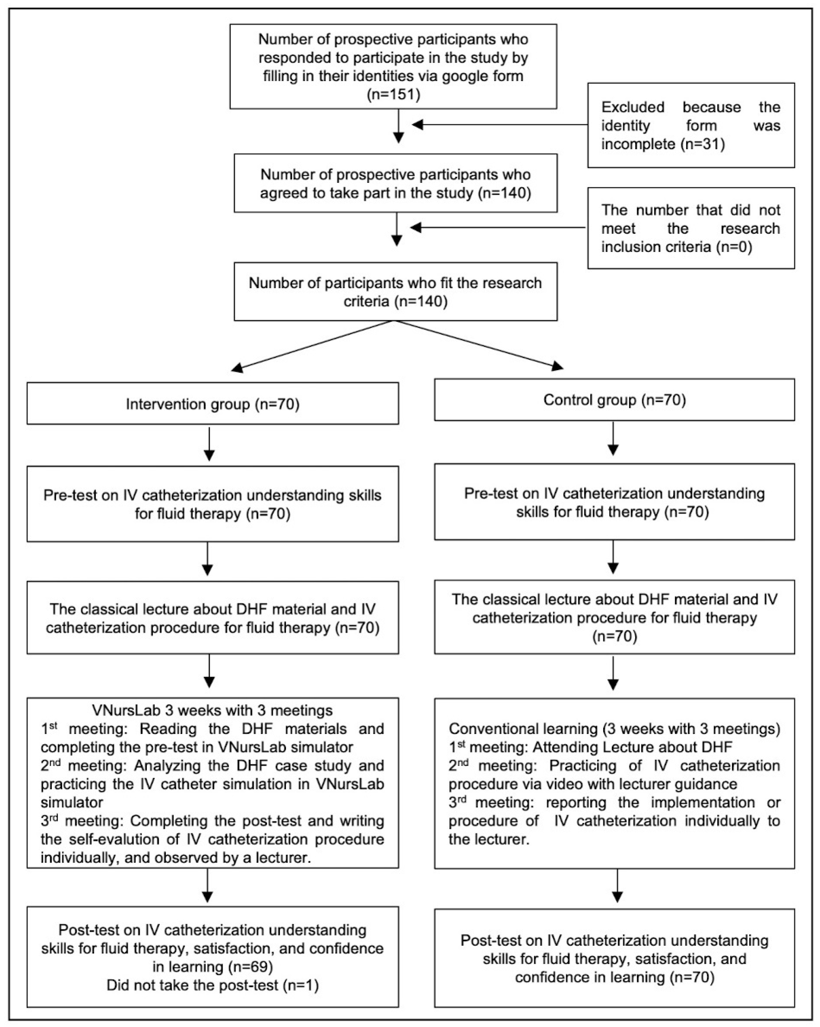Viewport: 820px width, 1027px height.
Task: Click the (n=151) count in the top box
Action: [x=393, y=95]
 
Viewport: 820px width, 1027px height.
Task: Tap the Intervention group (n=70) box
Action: [x=213, y=404]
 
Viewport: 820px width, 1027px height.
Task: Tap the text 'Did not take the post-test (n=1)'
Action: [x=213, y=985]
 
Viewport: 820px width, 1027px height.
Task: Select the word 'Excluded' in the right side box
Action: [x=633, y=107]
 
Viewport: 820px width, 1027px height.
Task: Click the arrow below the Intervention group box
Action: [x=209, y=443]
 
